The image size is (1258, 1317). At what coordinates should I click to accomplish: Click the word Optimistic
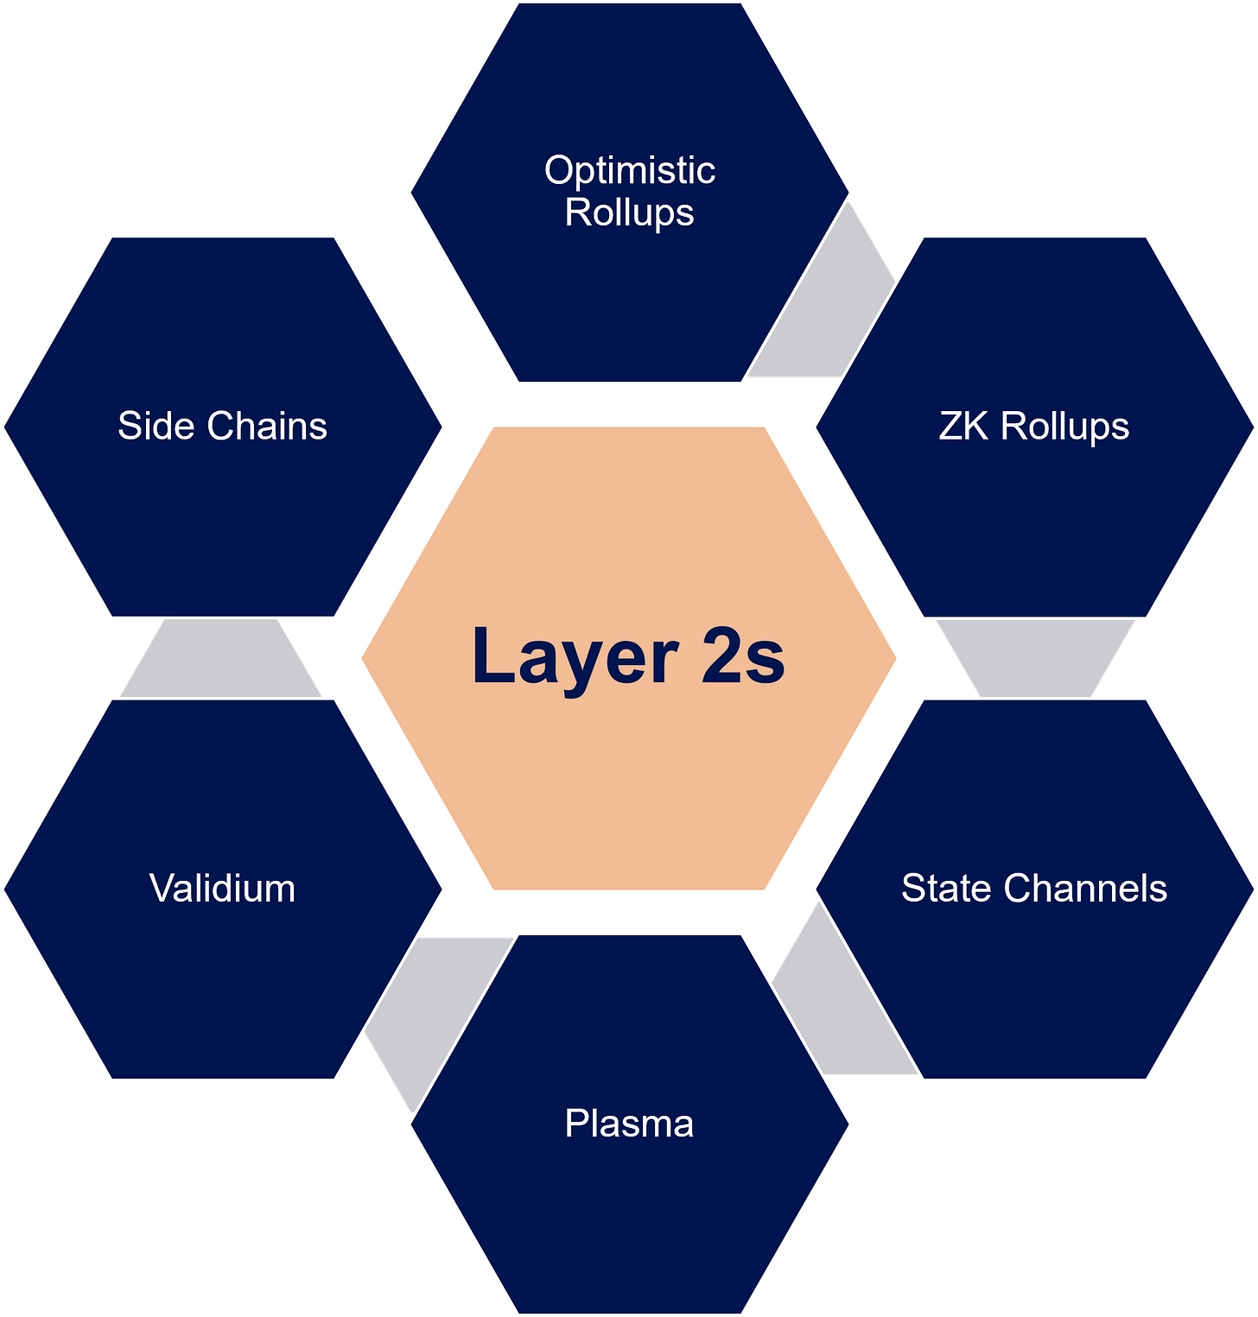(630, 171)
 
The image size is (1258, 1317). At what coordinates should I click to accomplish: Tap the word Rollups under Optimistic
(630, 212)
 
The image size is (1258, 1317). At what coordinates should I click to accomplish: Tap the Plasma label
(629, 1124)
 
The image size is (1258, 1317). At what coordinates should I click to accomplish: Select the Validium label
(222, 888)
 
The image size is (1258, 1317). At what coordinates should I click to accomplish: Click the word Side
(156, 426)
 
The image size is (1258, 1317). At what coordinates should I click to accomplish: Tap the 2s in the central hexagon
(742, 656)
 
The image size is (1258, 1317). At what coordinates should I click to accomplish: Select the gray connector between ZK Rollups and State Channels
(1035, 656)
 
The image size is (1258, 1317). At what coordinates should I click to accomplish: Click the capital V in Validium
(161, 888)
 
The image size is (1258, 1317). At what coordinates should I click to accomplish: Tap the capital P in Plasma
(575, 1124)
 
